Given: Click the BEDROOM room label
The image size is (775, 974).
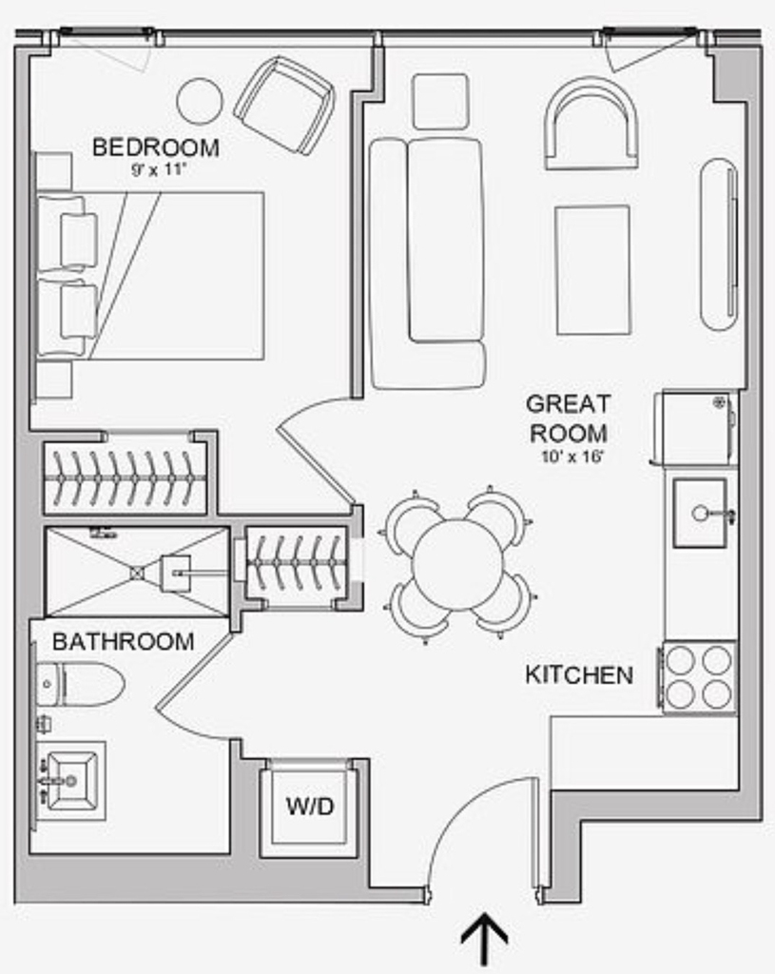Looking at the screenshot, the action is [x=156, y=147].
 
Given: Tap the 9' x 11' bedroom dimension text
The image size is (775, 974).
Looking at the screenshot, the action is [x=159, y=170].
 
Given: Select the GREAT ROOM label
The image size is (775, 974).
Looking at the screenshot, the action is [x=569, y=419].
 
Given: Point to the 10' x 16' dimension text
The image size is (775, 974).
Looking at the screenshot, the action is [x=572, y=457].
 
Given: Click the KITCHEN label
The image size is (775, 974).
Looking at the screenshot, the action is [x=579, y=674].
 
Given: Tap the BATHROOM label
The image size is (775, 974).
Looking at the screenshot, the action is [x=124, y=642].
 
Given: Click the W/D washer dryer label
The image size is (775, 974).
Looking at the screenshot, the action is [x=310, y=807].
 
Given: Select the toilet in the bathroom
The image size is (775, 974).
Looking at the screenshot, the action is [x=80, y=683].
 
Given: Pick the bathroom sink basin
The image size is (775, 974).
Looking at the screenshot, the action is [x=72, y=781].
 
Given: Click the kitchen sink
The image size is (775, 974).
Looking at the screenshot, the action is [x=701, y=513].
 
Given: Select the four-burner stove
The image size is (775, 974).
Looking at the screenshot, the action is [x=699, y=677].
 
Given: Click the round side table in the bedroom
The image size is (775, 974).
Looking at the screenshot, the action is [x=200, y=101].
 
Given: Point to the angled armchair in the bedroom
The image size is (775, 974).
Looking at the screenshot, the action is [x=284, y=106].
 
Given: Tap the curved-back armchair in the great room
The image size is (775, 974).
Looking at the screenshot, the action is [x=591, y=124].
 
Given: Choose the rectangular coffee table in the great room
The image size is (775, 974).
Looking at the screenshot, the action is [x=593, y=270].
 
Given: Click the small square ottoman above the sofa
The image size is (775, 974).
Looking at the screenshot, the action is [x=441, y=102].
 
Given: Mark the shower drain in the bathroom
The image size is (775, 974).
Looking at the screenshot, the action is [x=138, y=573].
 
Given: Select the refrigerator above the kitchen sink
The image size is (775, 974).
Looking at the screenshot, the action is [x=697, y=428].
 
